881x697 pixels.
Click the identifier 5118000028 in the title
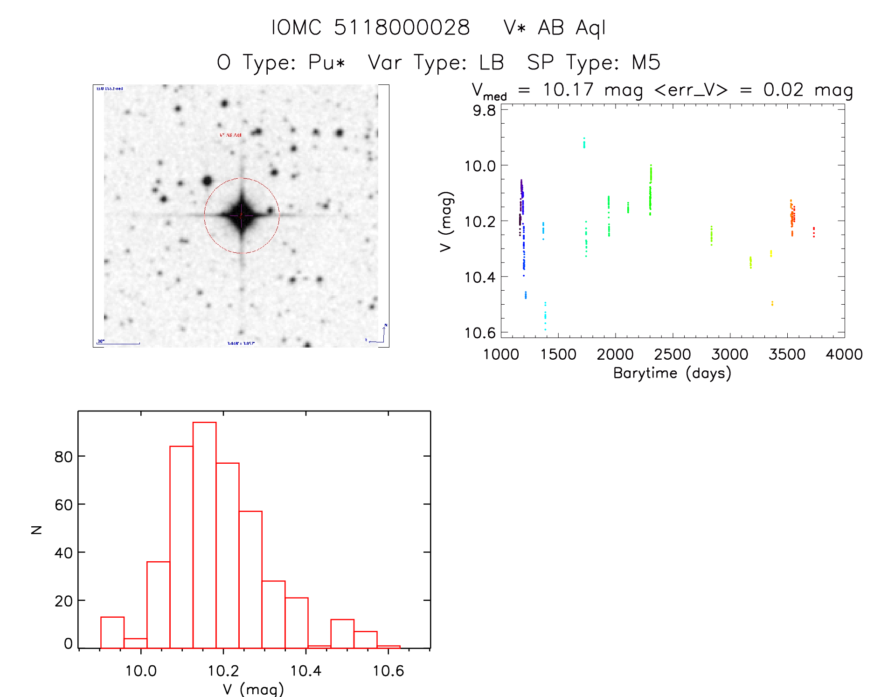(x=402, y=28)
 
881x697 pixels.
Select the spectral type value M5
(x=646, y=63)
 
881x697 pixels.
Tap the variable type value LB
(x=492, y=63)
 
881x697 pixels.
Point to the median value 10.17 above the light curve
(x=568, y=90)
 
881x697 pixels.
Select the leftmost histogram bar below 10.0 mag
(x=112, y=633)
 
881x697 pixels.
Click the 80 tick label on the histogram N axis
(x=63, y=457)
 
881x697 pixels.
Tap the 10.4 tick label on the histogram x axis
(x=305, y=671)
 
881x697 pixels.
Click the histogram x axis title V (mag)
(x=253, y=689)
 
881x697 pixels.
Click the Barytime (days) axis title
(x=672, y=373)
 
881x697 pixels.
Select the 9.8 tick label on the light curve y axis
(x=484, y=111)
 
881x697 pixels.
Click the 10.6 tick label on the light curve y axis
(x=480, y=333)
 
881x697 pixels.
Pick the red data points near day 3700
(x=813, y=232)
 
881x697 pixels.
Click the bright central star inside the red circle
(x=241, y=216)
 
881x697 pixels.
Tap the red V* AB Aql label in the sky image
(x=230, y=135)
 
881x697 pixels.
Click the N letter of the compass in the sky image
(x=386, y=325)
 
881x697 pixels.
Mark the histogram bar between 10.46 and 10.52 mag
(x=342, y=634)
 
